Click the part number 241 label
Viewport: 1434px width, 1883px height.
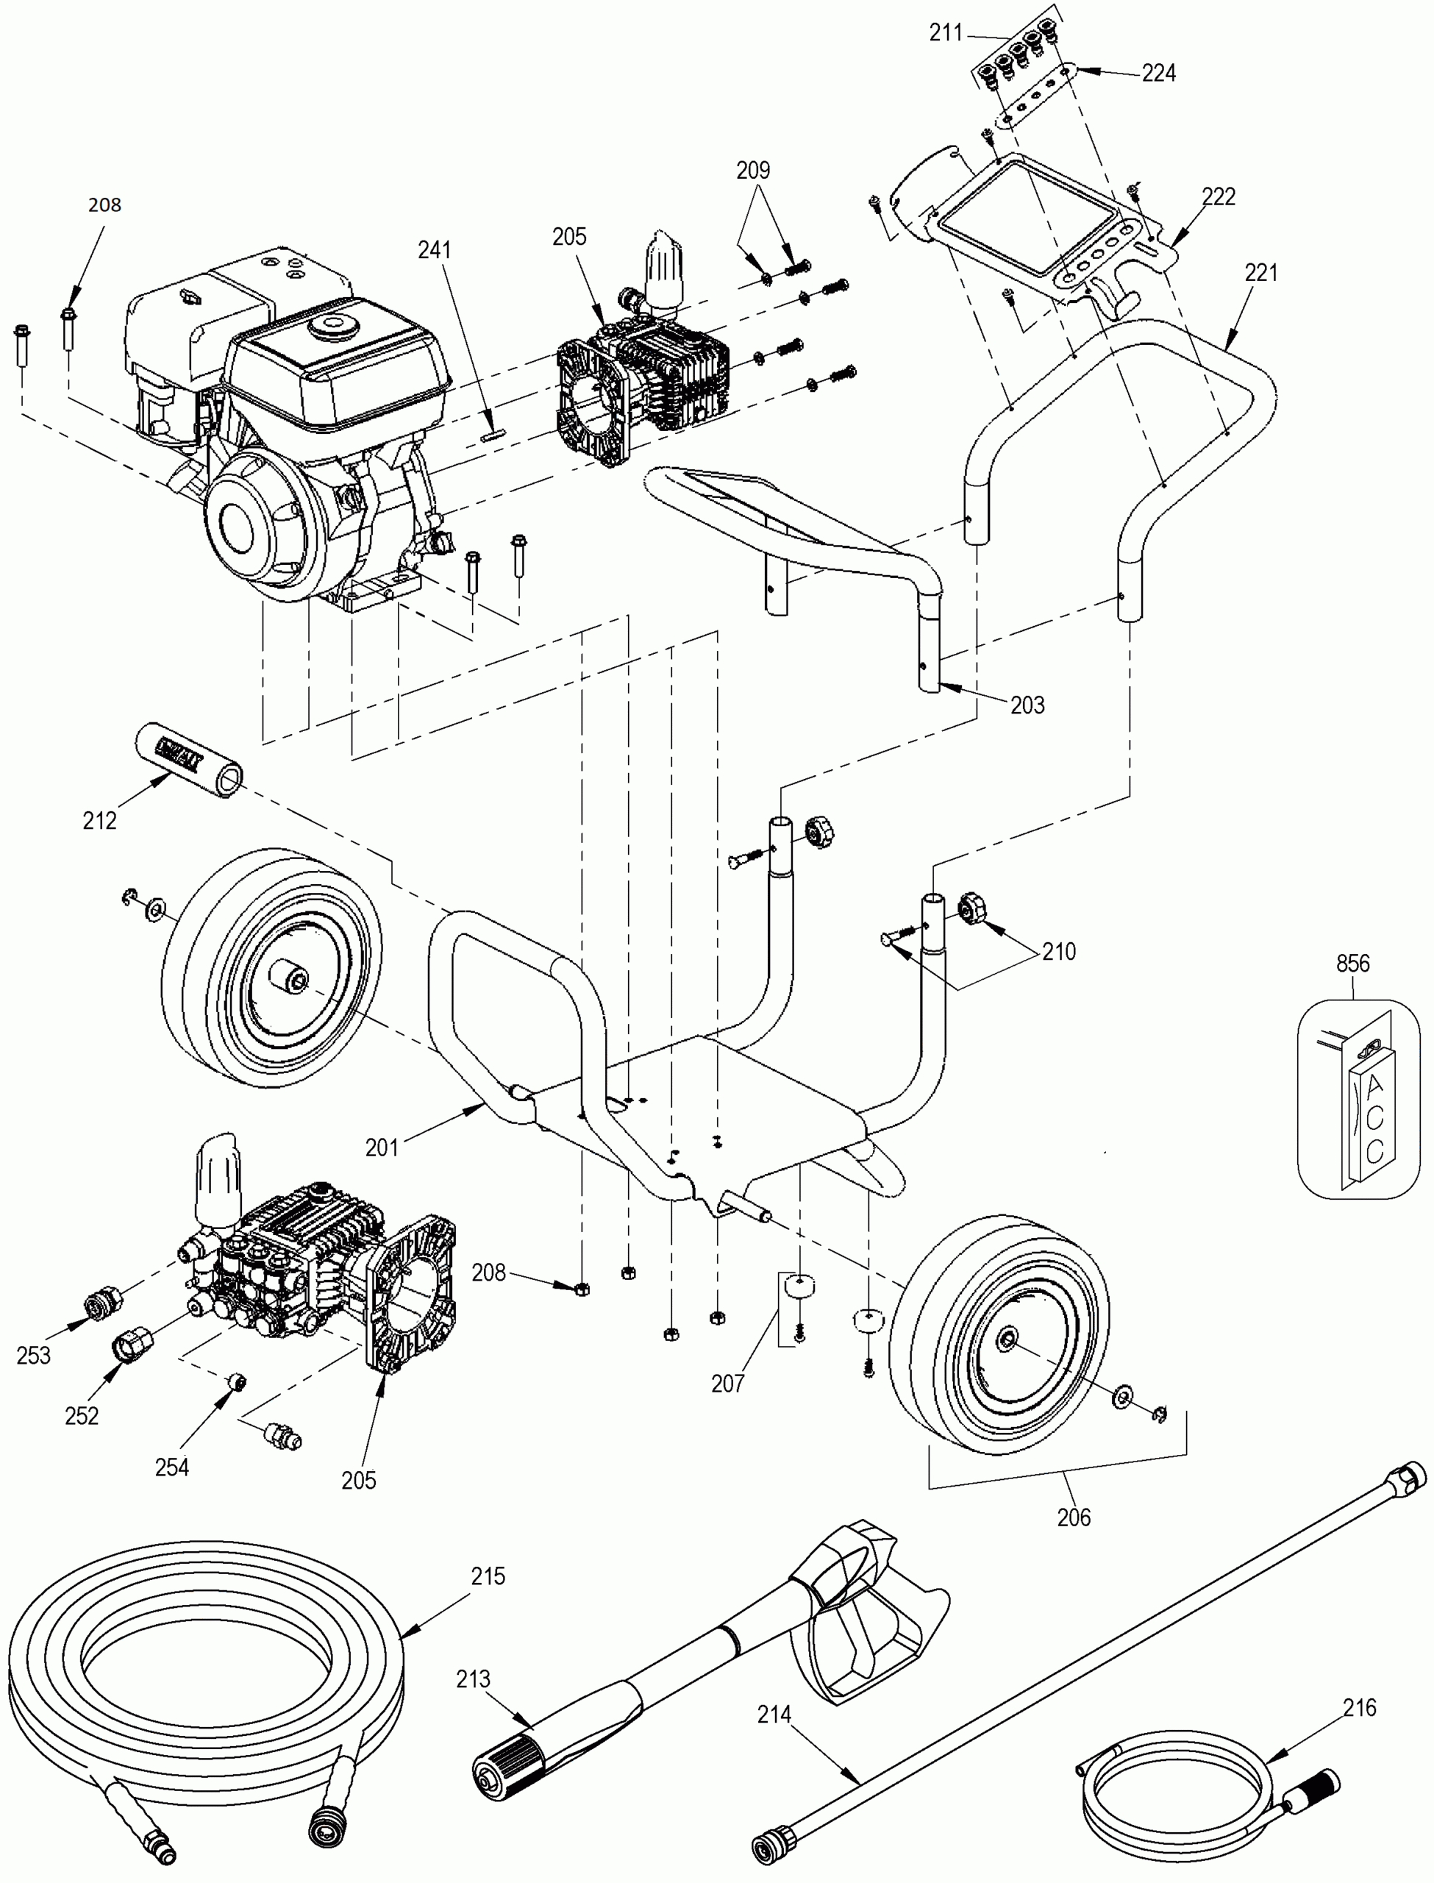tap(434, 250)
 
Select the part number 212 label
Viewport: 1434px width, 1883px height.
tap(99, 820)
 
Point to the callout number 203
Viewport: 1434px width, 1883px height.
tap(1027, 705)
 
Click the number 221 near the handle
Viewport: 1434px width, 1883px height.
tap(1260, 272)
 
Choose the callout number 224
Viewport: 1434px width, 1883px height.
tap(1158, 74)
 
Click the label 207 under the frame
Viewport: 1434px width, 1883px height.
tap(727, 1384)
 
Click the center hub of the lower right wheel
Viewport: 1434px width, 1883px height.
tap(1007, 1336)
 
